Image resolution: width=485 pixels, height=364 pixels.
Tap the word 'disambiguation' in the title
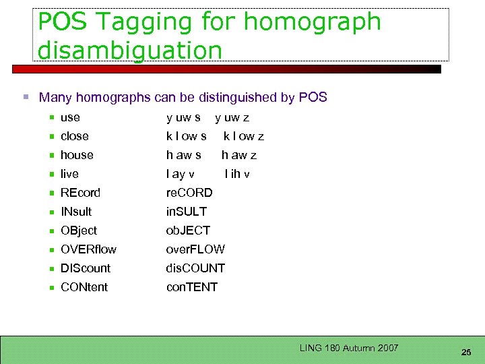(130, 50)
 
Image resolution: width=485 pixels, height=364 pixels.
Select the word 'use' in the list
(70, 117)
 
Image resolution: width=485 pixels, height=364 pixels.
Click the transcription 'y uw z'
(232, 117)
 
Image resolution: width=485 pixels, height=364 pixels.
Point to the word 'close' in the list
(74, 136)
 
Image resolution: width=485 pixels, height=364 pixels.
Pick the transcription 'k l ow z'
(244, 136)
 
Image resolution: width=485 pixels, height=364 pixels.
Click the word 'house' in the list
(77, 155)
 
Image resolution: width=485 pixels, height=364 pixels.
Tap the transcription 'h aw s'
(184, 155)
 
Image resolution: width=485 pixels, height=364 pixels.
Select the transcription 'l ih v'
(237, 174)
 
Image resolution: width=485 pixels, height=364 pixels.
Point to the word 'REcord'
(80, 193)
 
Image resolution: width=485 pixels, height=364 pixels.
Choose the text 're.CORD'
(189, 193)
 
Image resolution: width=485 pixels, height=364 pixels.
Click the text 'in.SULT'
(187, 212)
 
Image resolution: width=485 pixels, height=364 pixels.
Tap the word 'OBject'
(79, 231)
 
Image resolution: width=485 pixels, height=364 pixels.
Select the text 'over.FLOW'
(195, 249)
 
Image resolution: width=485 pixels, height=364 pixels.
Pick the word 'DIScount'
(86, 268)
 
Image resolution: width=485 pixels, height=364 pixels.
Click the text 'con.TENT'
(192, 287)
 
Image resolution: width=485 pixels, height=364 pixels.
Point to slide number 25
(465, 353)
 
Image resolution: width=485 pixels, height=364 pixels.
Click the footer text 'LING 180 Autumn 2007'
(350, 348)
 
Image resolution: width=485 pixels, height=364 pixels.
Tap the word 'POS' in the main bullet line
(313, 97)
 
